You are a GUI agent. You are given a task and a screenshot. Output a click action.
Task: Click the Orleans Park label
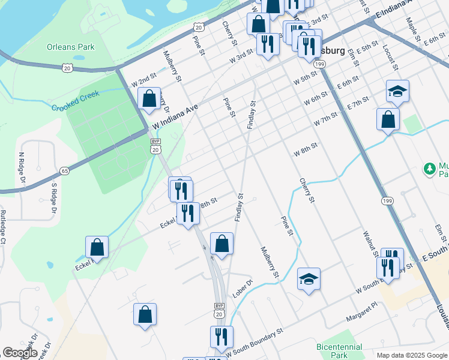pos(71,46)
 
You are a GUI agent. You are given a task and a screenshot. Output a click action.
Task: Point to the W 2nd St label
pos(143,80)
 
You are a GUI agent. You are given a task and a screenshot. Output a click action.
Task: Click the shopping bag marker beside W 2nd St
pos(148,99)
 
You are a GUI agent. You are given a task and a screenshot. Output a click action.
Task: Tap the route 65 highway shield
pos(65,171)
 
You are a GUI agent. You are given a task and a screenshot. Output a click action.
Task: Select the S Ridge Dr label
pos(53,198)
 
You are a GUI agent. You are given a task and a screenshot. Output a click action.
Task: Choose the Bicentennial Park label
pos(340,351)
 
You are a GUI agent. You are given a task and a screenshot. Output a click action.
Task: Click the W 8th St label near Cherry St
pos(305,149)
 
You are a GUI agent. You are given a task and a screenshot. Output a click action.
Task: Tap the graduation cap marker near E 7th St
pos(397,91)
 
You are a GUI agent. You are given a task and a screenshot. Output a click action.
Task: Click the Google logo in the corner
pos(20,353)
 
